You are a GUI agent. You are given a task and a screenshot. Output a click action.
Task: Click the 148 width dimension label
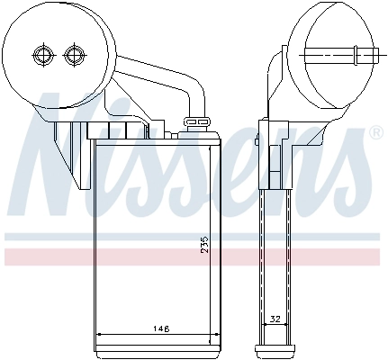[160, 328]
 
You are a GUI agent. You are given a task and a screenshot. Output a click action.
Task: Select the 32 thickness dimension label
[275, 319]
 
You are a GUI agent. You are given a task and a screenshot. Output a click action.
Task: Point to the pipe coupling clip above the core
[196, 122]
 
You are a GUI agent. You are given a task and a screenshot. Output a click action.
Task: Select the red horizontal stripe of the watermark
[192, 257]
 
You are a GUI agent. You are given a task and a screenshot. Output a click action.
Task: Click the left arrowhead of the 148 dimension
[99, 334]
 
